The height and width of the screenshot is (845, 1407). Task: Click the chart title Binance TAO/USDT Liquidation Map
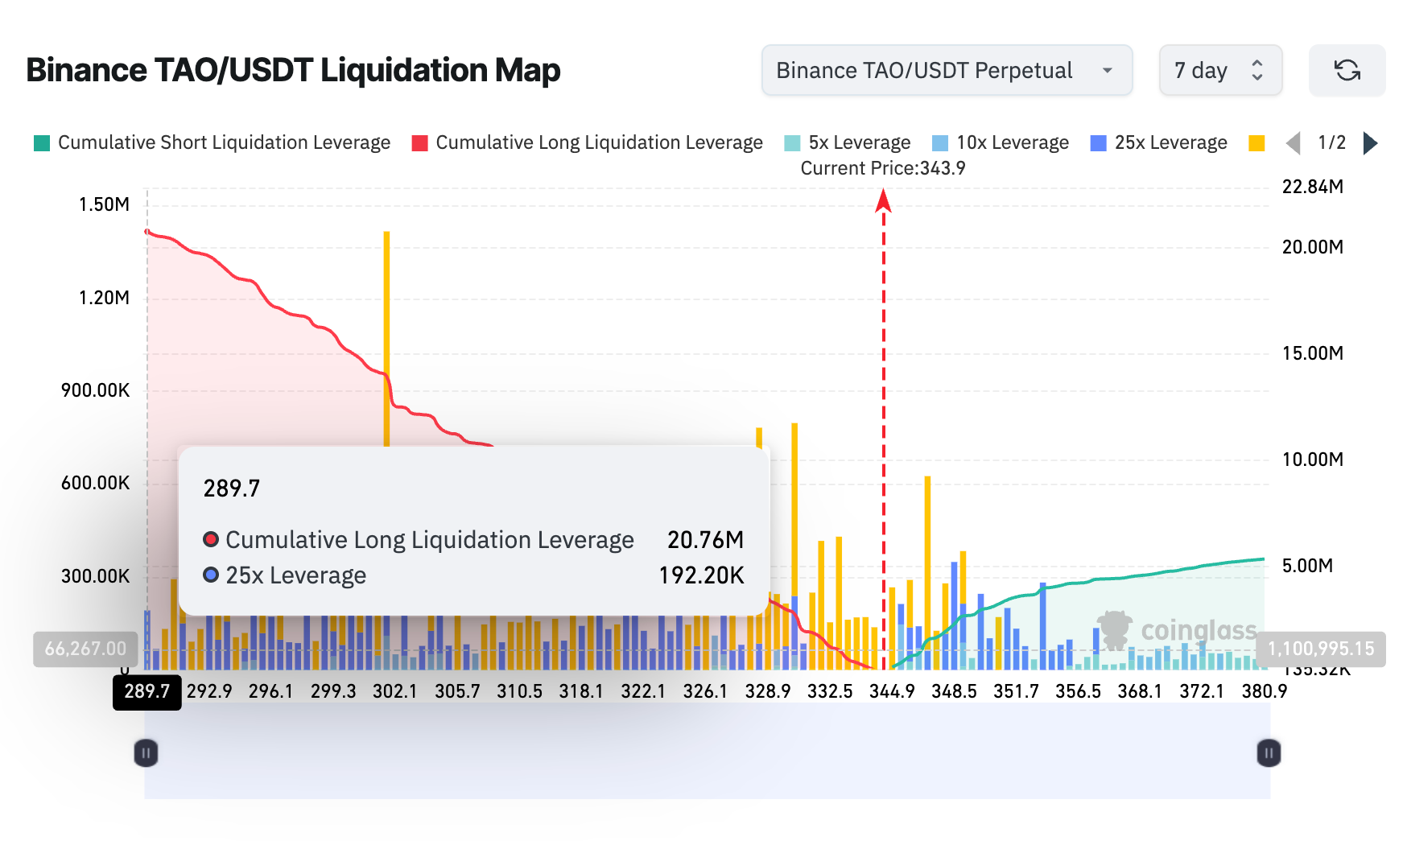[293, 71]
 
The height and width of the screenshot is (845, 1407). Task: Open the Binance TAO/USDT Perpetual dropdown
[947, 71]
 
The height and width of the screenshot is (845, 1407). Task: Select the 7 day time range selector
[1219, 71]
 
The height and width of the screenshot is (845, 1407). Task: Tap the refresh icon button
[1347, 71]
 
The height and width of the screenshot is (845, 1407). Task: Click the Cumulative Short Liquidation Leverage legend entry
[213, 143]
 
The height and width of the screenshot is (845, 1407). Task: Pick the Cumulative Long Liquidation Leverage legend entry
[588, 143]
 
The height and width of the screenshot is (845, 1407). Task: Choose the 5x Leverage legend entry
[848, 143]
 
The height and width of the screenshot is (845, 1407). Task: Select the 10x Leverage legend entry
[1001, 143]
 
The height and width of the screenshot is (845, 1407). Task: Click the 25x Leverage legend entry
[1159, 143]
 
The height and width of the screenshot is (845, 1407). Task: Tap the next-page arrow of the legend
[1370, 143]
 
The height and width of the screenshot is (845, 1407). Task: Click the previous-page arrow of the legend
[1293, 143]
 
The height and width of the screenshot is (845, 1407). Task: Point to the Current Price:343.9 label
[882, 168]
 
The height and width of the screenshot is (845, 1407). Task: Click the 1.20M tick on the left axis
[104, 298]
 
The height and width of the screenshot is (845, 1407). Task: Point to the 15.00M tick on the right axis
[1312, 353]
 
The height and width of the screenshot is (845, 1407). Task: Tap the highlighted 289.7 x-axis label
[147, 691]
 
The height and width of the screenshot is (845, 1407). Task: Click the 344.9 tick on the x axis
[892, 691]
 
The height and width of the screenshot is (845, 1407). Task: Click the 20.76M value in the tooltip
[705, 539]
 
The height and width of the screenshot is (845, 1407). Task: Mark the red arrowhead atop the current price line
[883, 200]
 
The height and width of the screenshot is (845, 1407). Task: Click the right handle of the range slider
[1268, 753]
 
